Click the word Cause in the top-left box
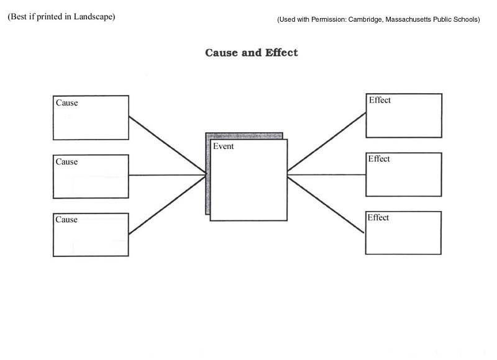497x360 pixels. [67, 102]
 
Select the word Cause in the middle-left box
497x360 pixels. [66, 161]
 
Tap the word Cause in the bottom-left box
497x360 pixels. [66, 220]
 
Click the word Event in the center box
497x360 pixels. [224, 146]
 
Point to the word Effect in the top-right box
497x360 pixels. [380, 100]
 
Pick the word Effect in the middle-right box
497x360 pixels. [379, 159]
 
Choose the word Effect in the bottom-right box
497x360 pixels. [378, 217]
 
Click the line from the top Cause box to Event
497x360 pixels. [167, 145]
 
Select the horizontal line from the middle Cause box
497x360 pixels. [167, 175]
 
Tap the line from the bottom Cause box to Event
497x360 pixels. [167, 205]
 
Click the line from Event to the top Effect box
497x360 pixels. [327, 142]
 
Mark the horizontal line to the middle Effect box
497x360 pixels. [327, 174]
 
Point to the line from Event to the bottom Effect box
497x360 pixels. [326, 205]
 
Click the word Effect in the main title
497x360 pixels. [281, 53]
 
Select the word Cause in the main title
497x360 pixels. [221, 53]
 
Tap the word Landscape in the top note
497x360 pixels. [94, 17]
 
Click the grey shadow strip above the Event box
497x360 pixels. [244, 136]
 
